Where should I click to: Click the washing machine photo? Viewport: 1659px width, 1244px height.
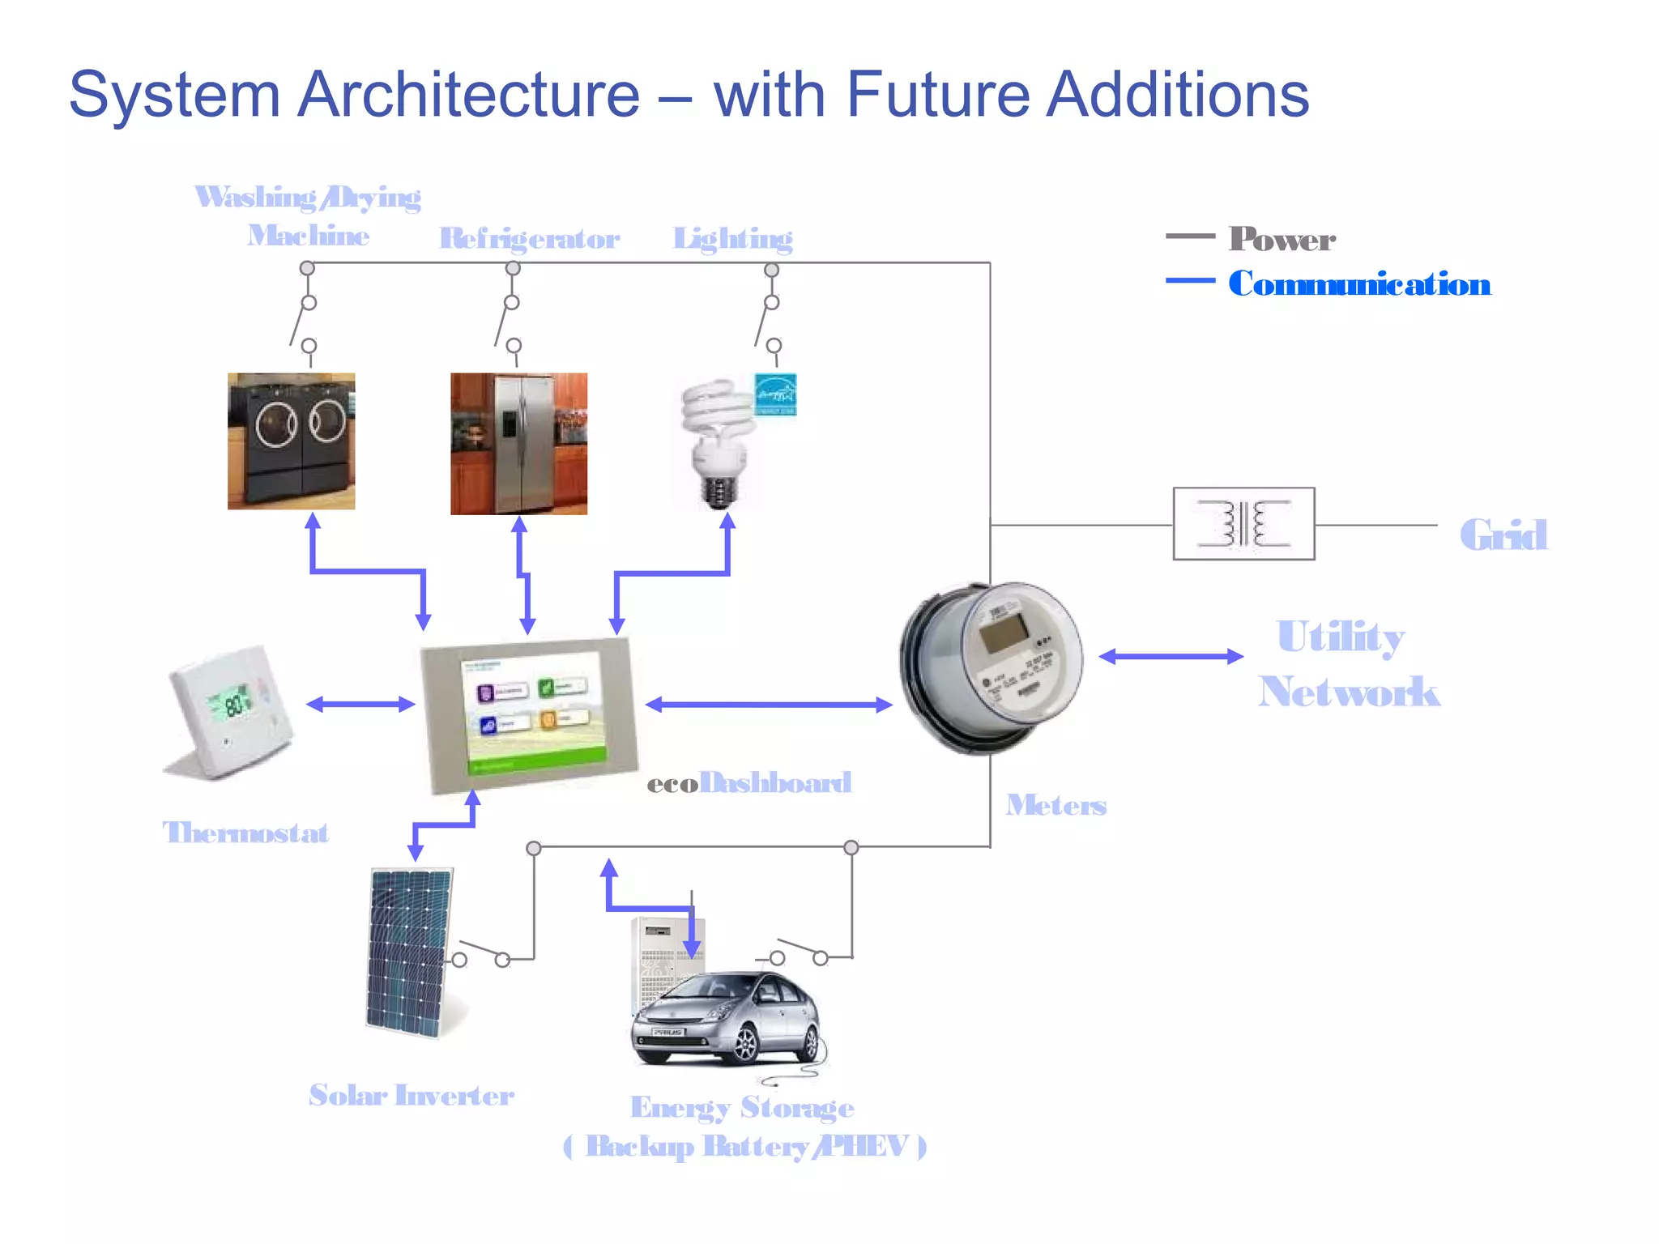[291, 441]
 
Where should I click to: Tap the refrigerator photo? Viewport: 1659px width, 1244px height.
[518, 443]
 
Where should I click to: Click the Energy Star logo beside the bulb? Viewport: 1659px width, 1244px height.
[775, 394]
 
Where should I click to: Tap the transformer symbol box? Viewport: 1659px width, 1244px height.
[1243, 523]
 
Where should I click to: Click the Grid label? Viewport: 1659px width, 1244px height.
[1503, 535]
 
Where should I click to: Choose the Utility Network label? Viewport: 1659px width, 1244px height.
[1347, 663]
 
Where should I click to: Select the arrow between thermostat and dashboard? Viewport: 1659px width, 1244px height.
[360, 704]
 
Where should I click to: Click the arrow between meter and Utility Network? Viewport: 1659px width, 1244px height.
[1171, 656]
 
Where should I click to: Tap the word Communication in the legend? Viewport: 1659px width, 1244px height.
[1358, 284]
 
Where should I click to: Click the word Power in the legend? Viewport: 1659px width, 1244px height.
[1282, 239]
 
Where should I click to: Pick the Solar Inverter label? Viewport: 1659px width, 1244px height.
[411, 1095]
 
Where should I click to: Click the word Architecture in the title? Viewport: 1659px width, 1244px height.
[468, 95]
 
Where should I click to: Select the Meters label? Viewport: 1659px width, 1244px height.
[1056, 805]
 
